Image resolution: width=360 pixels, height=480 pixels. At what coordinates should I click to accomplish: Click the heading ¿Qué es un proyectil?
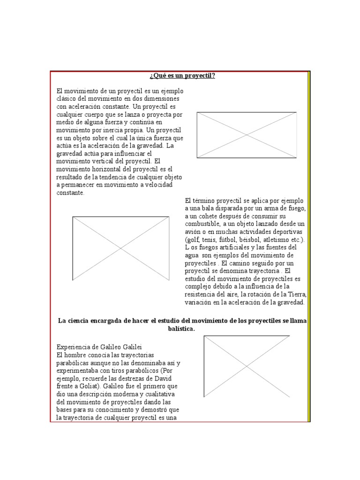coord(182,76)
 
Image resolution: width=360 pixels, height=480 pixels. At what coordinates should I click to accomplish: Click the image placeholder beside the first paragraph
coord(247,135)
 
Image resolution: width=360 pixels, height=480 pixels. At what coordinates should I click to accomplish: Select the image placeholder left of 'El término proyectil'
coord(120,248)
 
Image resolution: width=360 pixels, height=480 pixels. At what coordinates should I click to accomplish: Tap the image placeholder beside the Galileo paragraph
coord(247,367)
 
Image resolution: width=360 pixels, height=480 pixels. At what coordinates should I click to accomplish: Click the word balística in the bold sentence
coord(181,329)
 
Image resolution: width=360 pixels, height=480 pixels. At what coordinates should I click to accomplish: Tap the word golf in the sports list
coord(193,240)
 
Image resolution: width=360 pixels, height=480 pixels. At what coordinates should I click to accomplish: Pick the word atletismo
coord(274,240)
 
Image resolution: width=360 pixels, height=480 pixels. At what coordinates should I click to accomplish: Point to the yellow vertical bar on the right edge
coord(308,246)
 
